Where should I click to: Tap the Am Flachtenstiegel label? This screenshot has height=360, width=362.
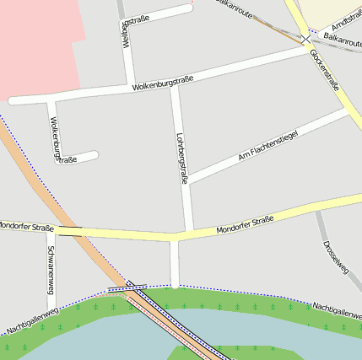[268, 144]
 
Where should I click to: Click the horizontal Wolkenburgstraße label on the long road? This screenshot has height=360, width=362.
[163, 83]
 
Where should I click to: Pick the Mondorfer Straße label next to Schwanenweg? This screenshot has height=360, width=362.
[25, 226]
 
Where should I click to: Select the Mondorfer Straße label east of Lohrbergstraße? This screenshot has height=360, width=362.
[245, 225]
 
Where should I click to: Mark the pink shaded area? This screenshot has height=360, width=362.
[38, 42]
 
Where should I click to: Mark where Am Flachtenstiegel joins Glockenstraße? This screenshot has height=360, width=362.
[348, 110]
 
